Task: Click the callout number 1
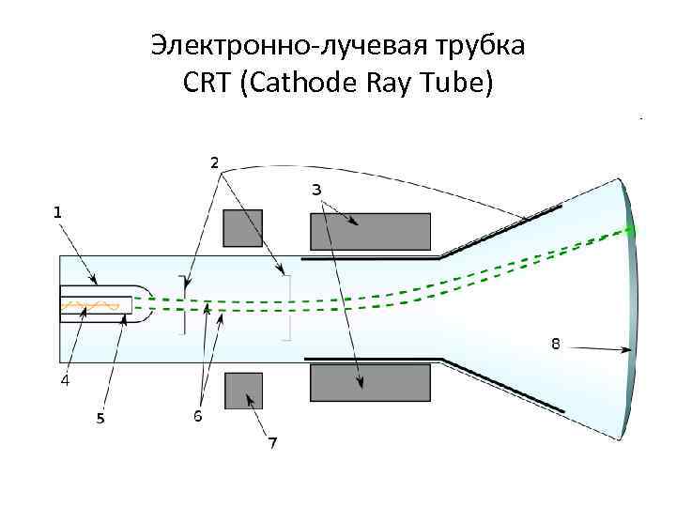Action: coord(58,213)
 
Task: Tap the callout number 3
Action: coord(317,190)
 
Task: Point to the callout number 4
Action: coord(65,380)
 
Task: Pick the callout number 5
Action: coord(100,419)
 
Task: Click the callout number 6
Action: coord(198,415)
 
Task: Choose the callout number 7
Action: coord(271,440)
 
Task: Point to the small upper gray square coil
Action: coord(242,228)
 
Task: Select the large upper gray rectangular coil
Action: coord(370,232)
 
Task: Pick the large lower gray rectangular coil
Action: coord(370,383)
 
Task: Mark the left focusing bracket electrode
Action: coord(183,304)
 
